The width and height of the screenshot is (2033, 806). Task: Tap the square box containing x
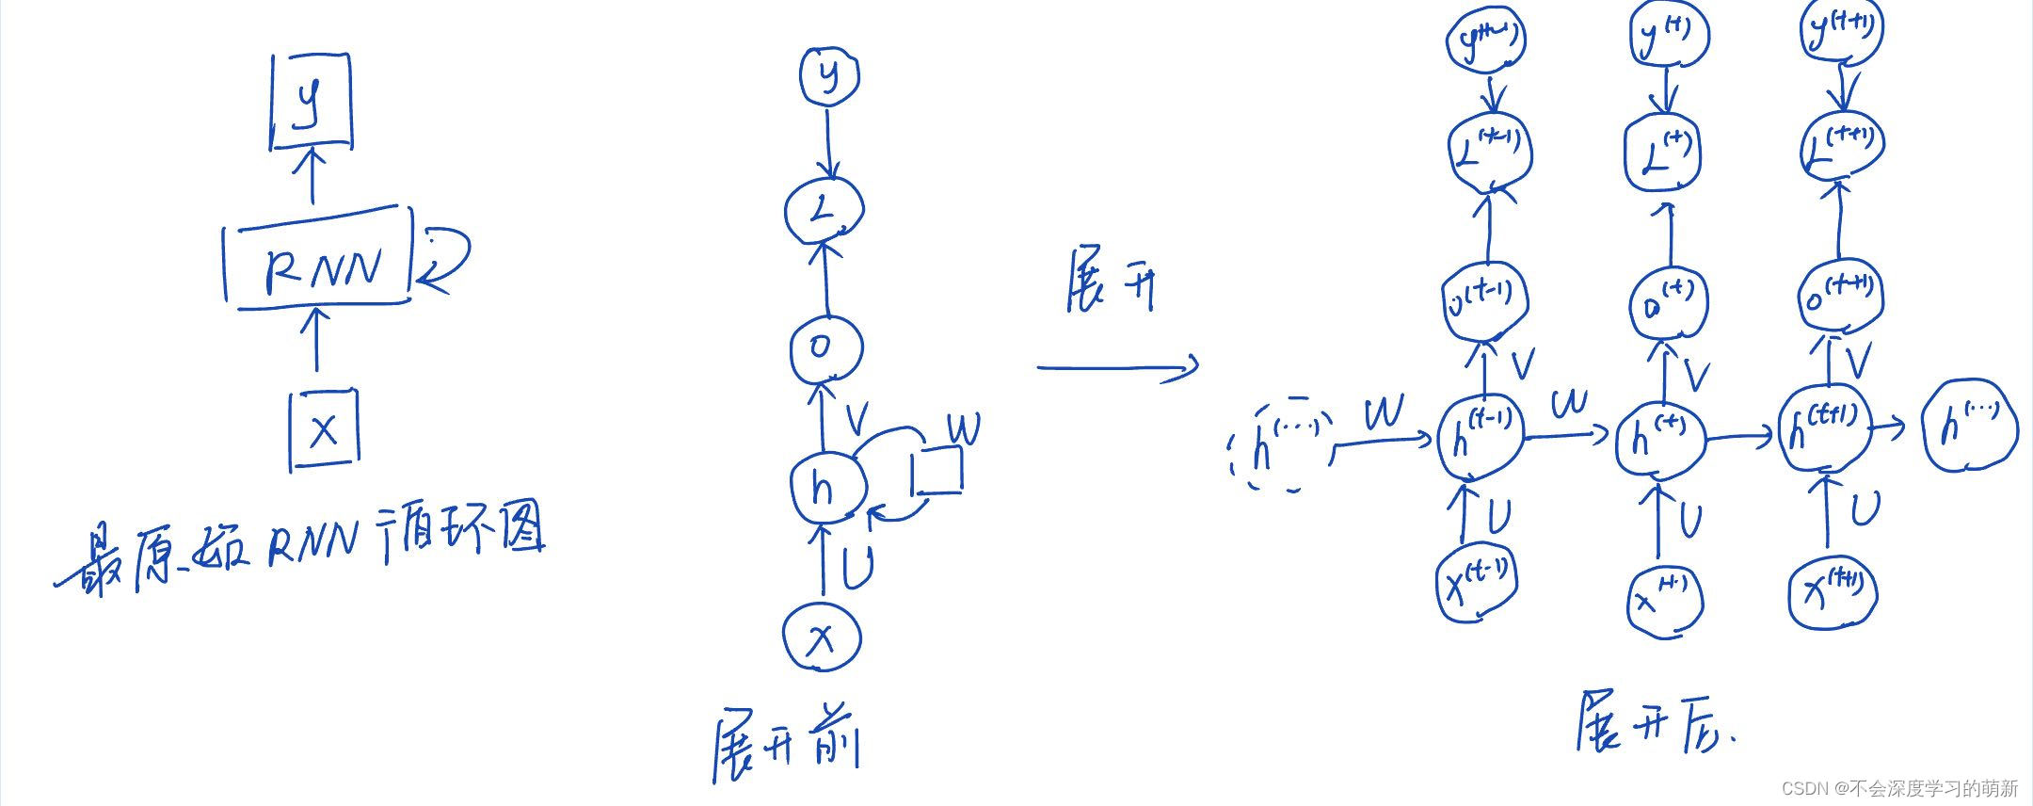tap(324, 431)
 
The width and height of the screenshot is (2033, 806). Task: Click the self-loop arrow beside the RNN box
tap(444, 256)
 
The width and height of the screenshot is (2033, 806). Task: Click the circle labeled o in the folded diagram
tap(825, 348)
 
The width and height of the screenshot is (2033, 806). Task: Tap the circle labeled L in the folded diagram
tap(824, 211)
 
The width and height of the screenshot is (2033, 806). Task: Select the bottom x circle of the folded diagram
tap(822, 637)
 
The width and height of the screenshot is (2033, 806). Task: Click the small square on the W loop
tap(936, 471)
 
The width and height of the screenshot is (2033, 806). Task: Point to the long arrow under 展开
tap(1117, 368)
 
